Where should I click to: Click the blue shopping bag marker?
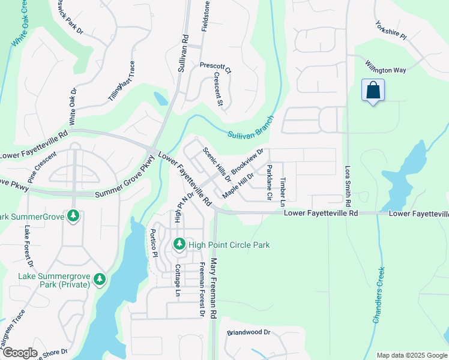point(373,91)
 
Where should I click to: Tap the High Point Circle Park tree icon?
point(179,244)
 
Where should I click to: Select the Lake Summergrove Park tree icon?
point(99,278)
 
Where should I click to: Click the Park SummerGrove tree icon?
point(73,215)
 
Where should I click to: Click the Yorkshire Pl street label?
point(391,31)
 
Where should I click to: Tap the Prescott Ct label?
point(215,68)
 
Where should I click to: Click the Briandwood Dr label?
point(249,332)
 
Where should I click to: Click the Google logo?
point(19,353)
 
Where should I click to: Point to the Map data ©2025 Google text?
point(411,355)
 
